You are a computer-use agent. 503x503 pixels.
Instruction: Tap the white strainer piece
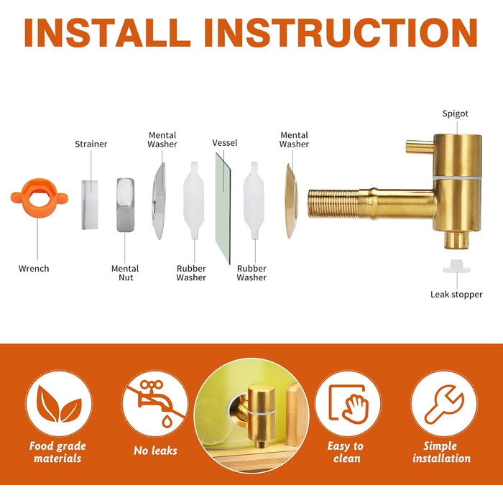(90, 205)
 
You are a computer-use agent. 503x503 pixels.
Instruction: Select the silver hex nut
(126, 205)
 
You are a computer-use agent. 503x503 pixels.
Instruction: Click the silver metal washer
(159, 201)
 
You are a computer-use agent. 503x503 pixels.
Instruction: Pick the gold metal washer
(292, 201)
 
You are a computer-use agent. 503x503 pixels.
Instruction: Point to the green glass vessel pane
(223, 208)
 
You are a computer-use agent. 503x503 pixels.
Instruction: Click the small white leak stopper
(456, 267)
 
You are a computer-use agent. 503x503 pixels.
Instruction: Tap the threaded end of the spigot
(333, 204)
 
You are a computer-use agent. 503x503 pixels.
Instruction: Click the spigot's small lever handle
(420, 147)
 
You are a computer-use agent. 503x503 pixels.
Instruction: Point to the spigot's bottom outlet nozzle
(456, 240)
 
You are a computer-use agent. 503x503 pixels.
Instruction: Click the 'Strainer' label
(91, 144)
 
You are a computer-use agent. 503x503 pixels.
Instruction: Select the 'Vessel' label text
(224, 143)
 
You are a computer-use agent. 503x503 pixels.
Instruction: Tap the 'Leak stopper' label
(456, 295)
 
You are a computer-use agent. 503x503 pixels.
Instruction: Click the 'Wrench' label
(34, 269)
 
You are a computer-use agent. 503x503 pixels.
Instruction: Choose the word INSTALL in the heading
(107, 33)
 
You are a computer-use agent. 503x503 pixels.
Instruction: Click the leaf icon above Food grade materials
(59, 404)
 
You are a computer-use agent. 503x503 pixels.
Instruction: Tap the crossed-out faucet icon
(155, 403)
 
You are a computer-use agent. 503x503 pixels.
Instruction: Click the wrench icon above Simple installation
(444, 405)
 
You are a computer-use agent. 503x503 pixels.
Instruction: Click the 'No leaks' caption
(155, 451)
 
